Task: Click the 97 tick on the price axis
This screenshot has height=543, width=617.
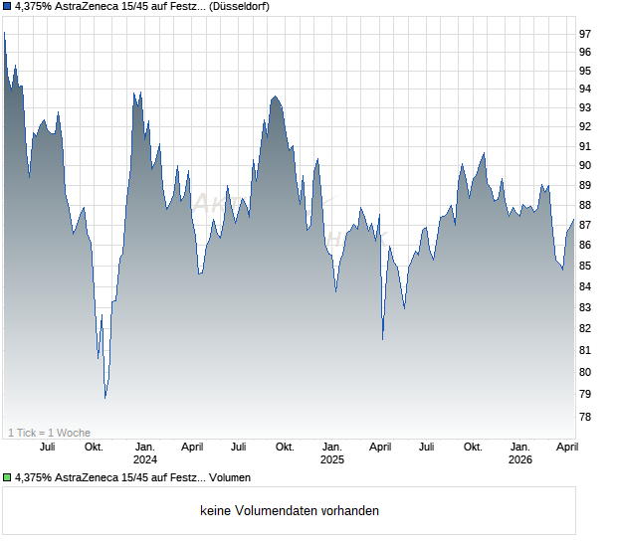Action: [585, 33]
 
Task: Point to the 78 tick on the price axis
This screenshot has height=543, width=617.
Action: [585, 418]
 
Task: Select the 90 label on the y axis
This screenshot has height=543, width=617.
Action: [585, 165]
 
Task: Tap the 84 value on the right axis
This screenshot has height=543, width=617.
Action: [585, 286]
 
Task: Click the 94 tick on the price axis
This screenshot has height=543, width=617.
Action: [585, 89]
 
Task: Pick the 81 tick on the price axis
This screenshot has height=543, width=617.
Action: [585, 350]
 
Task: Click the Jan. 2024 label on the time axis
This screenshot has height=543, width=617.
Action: [145, 453]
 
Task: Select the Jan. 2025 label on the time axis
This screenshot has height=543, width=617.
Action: [331, 453]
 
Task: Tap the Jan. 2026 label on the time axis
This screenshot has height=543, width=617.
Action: [519, 453]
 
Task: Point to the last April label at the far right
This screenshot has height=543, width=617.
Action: [565, 448]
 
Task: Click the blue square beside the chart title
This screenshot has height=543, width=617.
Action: [8, 6]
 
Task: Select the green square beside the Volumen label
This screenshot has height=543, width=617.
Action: [8, 477]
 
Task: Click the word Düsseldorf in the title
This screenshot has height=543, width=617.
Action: [240, 6]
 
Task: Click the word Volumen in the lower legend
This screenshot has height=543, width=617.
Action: [229, 477]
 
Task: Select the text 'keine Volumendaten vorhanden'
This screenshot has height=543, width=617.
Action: [289, 511]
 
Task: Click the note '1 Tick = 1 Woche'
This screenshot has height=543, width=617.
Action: [49, 433]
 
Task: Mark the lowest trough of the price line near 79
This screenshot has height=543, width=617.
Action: [105, 398]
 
